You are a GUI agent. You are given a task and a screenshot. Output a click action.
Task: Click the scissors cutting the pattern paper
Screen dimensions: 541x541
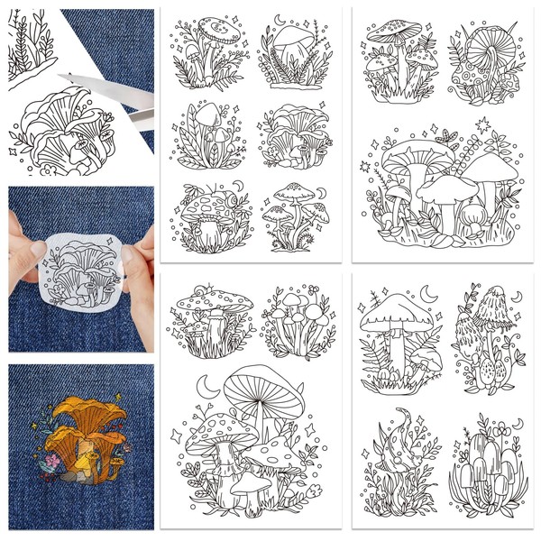[x=142, y=113]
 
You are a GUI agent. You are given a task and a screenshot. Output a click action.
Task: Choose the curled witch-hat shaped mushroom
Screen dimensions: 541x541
[x=406, y=424]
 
